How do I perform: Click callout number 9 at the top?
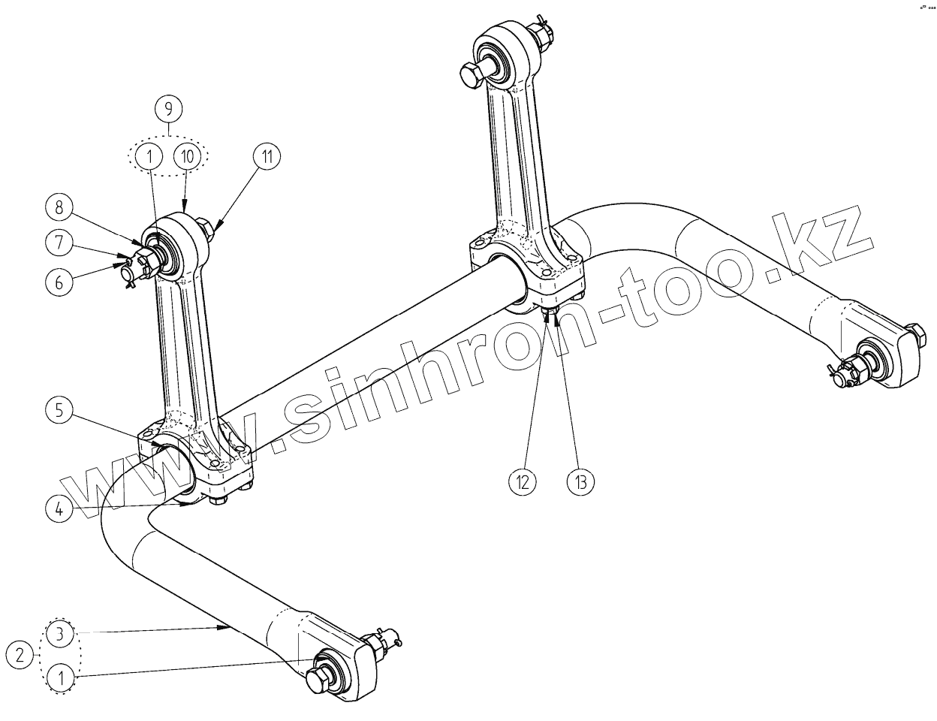click(x=168, y=110)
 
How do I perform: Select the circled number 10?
click(x=188, y=157)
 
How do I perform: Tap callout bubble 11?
click(x=266, y=157)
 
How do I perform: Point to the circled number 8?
click(x=60, y=206)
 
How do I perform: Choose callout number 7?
click(x=60, y=243)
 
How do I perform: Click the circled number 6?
click(x=60, y=282)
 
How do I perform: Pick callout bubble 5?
click(x=60, y=410)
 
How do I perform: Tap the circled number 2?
click(x=23, y=654)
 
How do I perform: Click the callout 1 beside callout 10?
click(x=149, y=157)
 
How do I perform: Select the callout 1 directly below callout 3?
click(x=61, y=678)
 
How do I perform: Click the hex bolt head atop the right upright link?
click(x=471, y=75)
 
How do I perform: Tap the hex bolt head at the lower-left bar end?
click(x=318, y=681)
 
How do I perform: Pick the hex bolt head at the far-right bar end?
click(x=917, y=334)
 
